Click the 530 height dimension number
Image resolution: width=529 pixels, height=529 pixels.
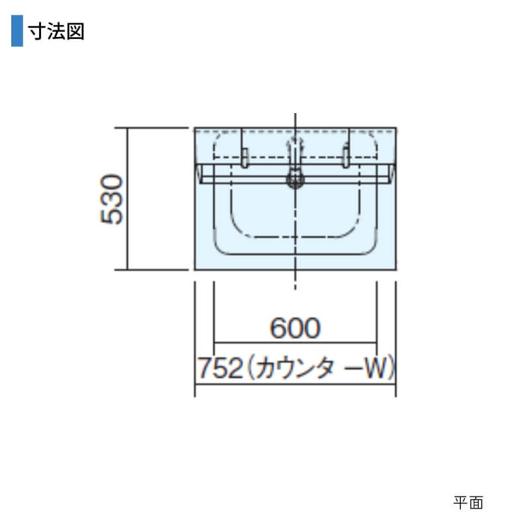[x=111, y=199]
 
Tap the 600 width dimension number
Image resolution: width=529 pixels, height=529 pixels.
[x=295, y=328]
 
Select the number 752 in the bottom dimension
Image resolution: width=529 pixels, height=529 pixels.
[x=220, y=368]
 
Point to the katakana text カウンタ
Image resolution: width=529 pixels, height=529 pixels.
[x=292, y=368]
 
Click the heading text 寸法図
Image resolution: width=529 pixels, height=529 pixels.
[x=56, y=31]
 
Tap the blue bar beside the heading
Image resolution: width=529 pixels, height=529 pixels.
[x=17, y=30]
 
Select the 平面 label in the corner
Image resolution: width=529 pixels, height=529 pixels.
[x=468, y=503]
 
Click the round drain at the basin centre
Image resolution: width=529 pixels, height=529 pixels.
[x=296, y=179]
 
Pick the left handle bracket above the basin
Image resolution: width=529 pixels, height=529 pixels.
[x=245, y=157]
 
